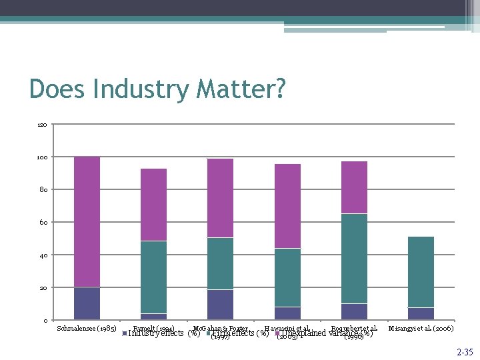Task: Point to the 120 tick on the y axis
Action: coord(42,125)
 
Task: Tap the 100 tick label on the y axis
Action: coord(42,157)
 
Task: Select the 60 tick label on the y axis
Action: coord(43,222)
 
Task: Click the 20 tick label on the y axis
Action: coord(43,288)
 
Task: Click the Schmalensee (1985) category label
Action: coord(87,329)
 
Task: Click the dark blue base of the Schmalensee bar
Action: coord(87,303)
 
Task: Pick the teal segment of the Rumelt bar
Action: coord(153,277)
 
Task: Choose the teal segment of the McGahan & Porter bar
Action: coord(220,263)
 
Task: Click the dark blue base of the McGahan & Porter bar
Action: coord(220,305)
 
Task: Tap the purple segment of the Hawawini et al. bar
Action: coord(287,206)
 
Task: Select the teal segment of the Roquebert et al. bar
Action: coord(354,259)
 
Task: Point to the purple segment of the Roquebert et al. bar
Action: coord(354,187)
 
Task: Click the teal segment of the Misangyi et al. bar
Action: coord(421,272)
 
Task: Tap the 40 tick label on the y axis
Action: coord(43,255)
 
